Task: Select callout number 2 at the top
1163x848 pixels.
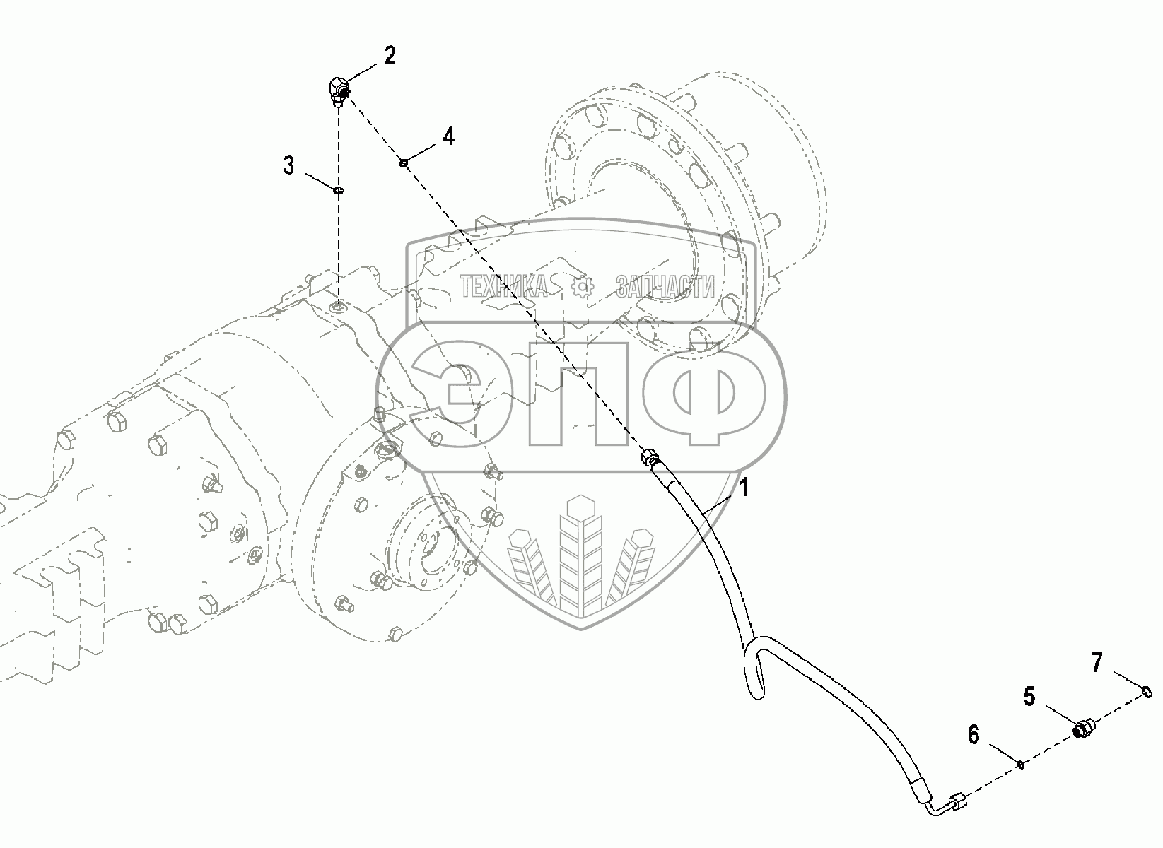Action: click(x=390, y=56)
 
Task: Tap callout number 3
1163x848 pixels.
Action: click(x=288, y=166)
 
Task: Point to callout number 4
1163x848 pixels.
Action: click(x=448, y=135)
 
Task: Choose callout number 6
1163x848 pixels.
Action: click(x=974, y=735)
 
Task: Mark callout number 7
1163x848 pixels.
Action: click(x=1097, y=662)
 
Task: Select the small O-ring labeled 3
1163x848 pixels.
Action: click(x=339, y=189)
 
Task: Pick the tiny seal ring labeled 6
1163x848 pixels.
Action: click(x=1021, y=764)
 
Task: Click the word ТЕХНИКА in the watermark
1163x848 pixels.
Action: click(x=504, y=287)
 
